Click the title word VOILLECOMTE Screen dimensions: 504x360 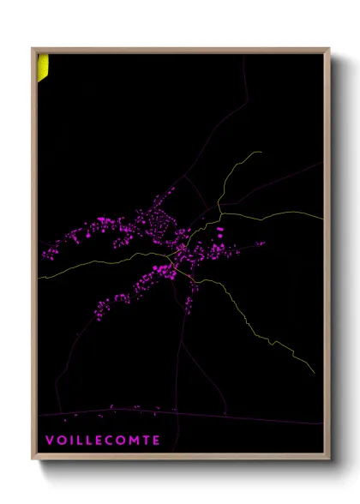(x=102, y=441)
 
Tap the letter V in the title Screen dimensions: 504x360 (x=49, y=441)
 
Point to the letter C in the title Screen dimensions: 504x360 (x=107, y=441)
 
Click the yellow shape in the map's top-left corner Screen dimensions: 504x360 (x=41, y=67)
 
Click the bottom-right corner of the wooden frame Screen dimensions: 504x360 (x=329, y=459)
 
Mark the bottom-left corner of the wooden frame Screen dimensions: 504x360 (x=33, y=459)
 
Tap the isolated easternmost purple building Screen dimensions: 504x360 (x=262, y=243)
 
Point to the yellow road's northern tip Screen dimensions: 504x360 (x=260, y=153)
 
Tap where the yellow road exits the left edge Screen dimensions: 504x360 (x=39, y=278)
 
